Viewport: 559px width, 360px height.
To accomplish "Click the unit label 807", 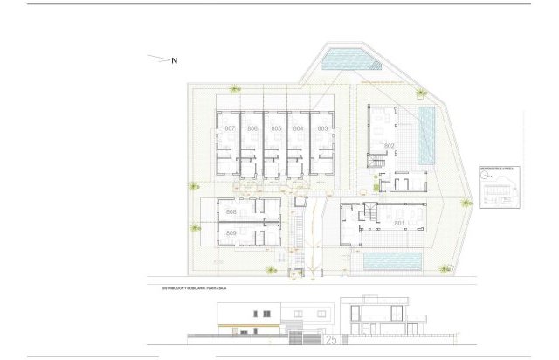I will tap(230, 129).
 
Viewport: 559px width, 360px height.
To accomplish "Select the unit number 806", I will tap(252, 129).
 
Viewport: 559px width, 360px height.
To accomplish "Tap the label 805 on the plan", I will tap(276, 129).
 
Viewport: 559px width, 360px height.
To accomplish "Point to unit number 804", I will tap(299, 129).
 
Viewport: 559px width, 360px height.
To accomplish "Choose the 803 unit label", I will tap(322, 129).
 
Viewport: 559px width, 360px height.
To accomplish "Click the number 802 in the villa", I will tap(389, 145).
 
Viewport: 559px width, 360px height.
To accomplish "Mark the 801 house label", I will tap(399, 224).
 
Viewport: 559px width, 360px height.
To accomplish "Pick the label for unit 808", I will tap(231, 212).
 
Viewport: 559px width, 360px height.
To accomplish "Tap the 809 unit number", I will tap(231, 233).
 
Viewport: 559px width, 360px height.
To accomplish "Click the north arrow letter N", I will tap(174, 60).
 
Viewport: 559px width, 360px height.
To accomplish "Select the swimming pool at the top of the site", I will tap(349, 60).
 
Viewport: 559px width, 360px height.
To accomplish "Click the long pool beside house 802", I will tap(426, 137).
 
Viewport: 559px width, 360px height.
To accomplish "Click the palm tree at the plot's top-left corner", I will tap(234, 88).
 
